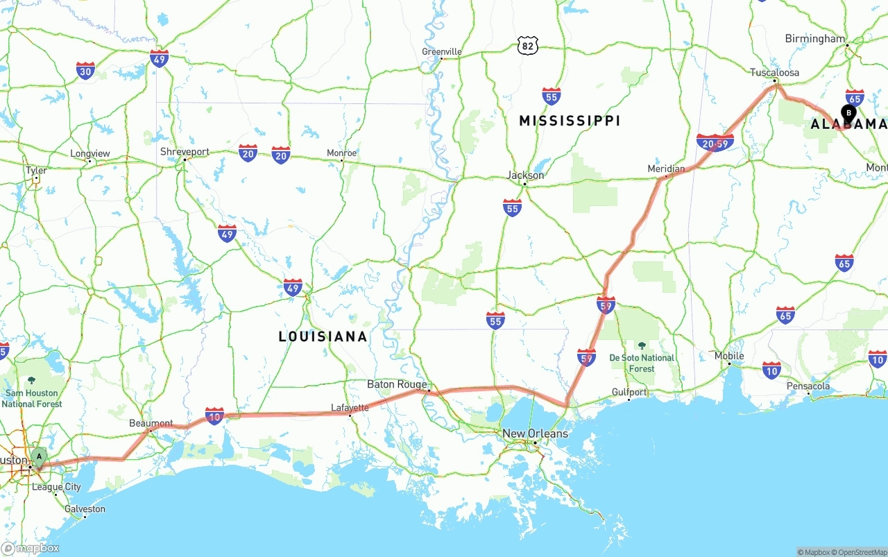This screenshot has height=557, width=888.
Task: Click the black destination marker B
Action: coord(848,112)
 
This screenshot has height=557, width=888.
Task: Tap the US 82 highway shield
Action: coord(528,46)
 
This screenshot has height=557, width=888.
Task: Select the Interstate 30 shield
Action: coord(85,70)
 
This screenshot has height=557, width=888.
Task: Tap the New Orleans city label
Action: coord(535,434)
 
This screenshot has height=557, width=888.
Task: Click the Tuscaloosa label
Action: coord(774,73)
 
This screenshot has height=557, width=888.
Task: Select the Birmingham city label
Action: coord(815,39)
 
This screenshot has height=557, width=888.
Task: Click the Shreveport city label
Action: coord(185,152)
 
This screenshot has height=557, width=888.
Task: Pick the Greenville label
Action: coord(442,52)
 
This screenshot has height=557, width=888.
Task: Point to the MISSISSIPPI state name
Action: coord(570,121)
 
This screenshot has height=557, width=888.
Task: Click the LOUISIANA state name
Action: coord(323,336)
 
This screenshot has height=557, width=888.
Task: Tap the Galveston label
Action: coord(84,509)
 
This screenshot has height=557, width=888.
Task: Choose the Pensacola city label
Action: coord(808,386)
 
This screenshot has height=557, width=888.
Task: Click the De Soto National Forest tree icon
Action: coord(642,345)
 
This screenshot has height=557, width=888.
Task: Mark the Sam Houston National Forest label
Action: coord(32,398)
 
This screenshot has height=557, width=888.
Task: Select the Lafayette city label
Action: coord(350,408)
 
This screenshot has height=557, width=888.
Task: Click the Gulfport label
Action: coord(629,393)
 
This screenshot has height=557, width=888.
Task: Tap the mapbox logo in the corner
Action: coord(31,548)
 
